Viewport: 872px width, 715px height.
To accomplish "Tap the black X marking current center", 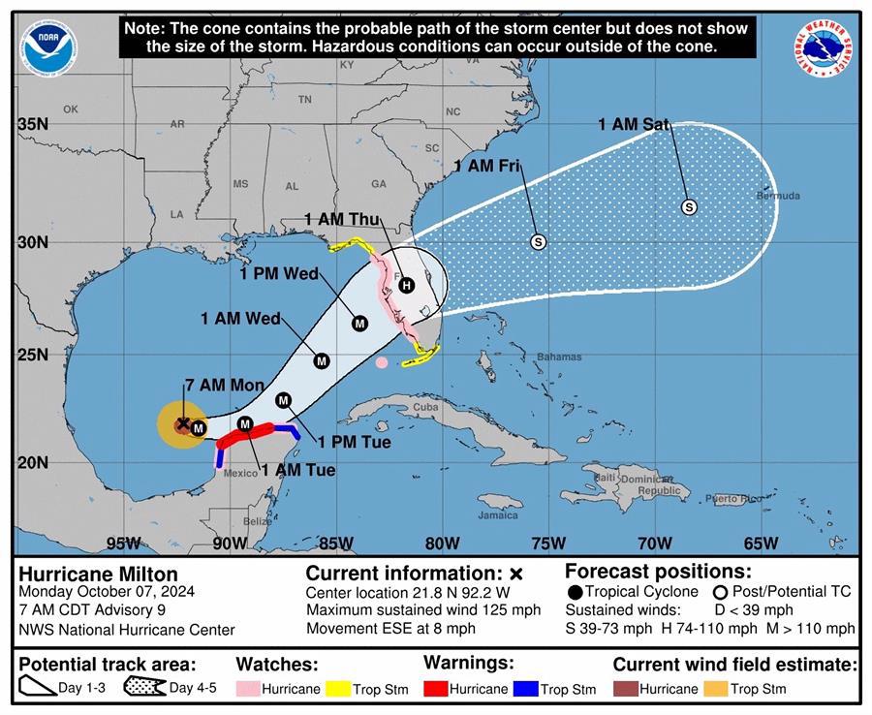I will click(x=182, y=423).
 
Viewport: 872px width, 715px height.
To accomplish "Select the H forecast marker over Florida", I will click(x=407, y=284).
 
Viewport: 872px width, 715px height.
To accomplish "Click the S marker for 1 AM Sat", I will click(x=689, y=206).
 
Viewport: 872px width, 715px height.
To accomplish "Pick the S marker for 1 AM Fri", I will click(x=539, y=241).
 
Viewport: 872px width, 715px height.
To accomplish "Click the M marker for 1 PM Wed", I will click(x=359, y=323).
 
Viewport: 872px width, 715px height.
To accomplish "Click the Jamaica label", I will click(x=498, y=514).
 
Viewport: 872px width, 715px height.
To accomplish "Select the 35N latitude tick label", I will click(x=33, y=124).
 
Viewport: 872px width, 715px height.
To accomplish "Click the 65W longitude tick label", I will click(x=761, y=543).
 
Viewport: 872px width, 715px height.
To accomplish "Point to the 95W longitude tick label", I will click(x=123, y=543).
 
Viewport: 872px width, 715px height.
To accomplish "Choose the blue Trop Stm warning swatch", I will click(x=526, y=690).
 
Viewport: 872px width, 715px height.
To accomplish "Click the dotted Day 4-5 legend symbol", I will click(x=143, y=689).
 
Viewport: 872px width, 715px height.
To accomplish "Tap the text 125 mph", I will click(x=508, y=610).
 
